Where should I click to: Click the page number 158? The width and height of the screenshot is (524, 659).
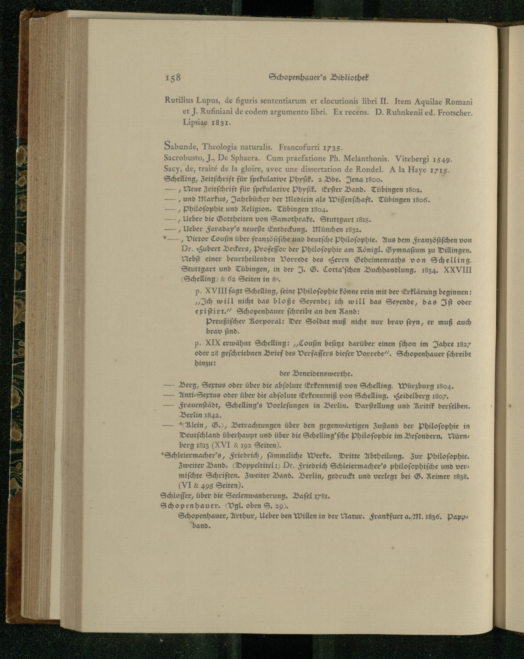[x=172, y=78]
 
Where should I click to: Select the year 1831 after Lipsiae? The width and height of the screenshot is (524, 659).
[x=220, y=122]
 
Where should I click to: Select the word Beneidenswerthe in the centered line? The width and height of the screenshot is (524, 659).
[x=326, y=374]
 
